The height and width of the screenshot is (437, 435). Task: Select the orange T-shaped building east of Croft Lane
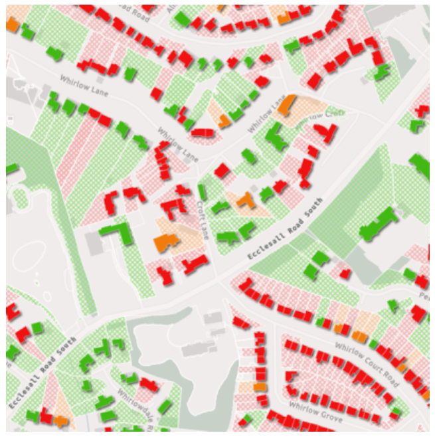click(245, 199)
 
